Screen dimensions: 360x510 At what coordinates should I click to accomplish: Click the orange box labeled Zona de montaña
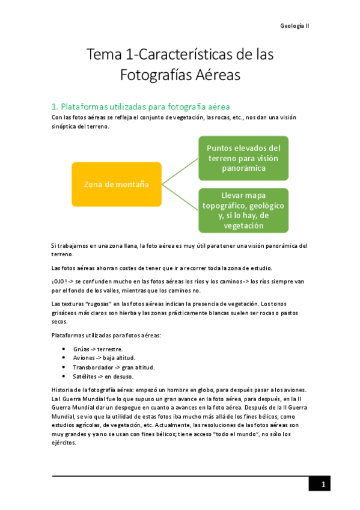pos(117,184)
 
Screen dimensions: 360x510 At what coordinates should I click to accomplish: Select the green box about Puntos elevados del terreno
pos(243,158)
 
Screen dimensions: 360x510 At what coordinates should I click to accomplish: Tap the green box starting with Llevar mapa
pos(243,210)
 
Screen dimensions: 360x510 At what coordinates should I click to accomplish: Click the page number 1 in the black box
pos(322,484)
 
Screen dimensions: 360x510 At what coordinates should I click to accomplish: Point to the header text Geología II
pos(294,26)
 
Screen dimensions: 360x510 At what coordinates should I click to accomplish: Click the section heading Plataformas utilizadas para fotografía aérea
pos(141,106)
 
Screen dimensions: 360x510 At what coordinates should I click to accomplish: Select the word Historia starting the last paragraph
pos(63,390)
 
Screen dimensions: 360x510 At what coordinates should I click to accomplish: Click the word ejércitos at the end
pos(64,443)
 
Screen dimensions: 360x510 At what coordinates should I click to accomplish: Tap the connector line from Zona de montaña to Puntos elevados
pos(180,171)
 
